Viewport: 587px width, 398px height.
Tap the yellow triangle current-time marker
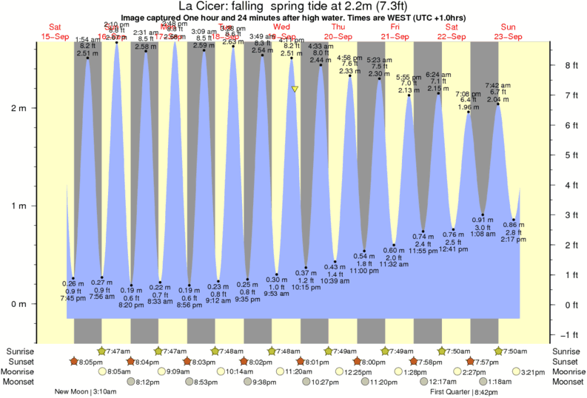point(295,90)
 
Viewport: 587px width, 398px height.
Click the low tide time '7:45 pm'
point(73,298)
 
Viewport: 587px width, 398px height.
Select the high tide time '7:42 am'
point(497,85)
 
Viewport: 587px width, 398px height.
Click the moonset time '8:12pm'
point(148,382)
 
